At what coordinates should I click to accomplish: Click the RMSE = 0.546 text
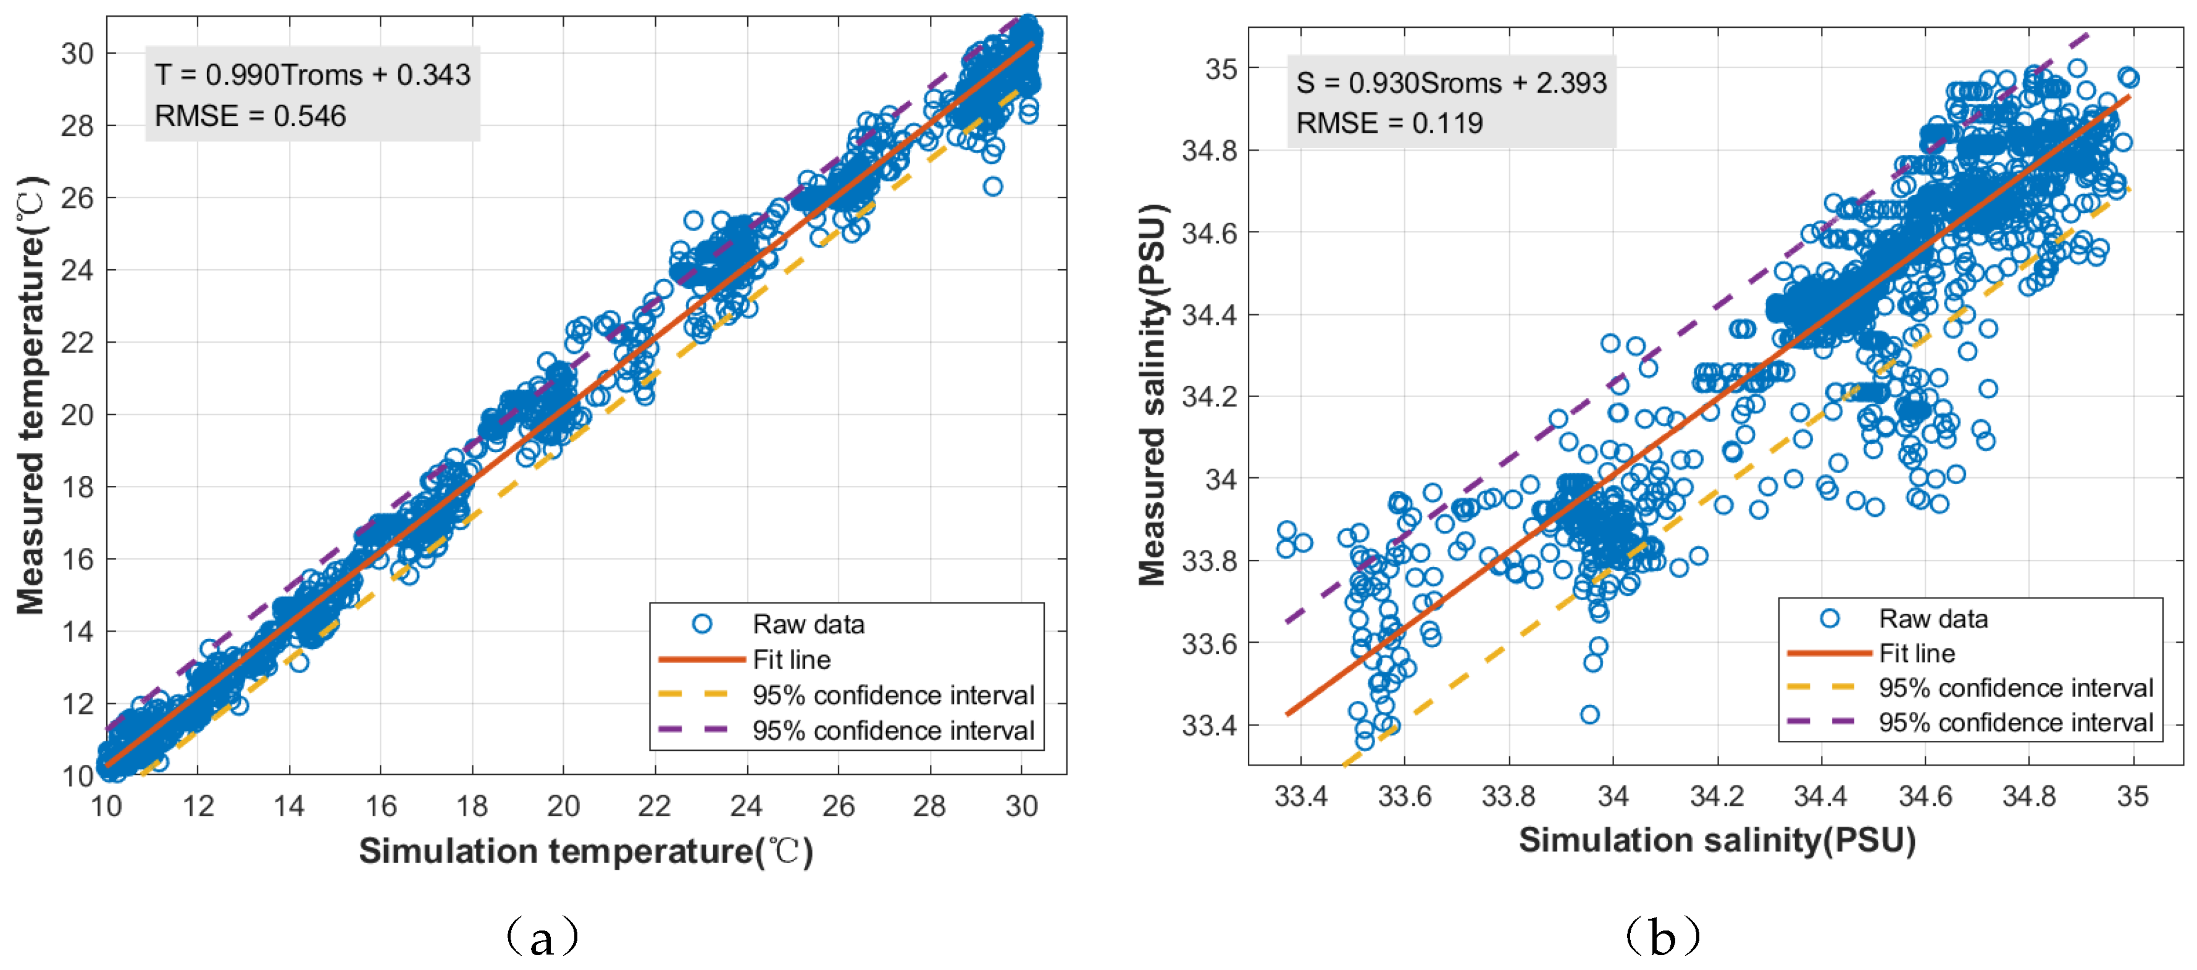click(x=250, y=116)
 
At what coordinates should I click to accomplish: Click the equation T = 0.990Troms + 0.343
click(x=312, y=75)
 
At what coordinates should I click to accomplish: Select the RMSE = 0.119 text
click(x=1389, y=123)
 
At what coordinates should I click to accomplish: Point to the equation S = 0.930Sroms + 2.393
click(x=1450, y=83)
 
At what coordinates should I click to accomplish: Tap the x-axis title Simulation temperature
click(x=585, y=851)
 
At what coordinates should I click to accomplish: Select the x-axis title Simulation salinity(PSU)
click(x=1717, y=840)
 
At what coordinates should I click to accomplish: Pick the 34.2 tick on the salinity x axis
click(x=1716, y=796)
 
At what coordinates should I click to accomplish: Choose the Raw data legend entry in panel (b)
click(x=1933, y=619)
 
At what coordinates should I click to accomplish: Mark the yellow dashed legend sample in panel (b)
click(x=1820, y=687)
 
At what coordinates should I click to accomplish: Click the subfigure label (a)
click(x=542, y=937)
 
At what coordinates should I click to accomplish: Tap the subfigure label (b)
click(x=1662, y=937)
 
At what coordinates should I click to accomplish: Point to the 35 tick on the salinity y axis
click(x=1221, y=69)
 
